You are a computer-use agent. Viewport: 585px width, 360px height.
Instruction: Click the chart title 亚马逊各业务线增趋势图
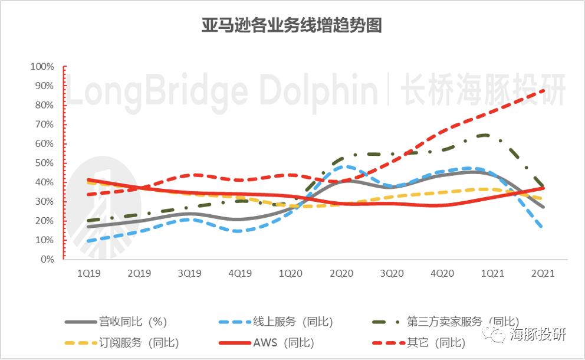(292, 26)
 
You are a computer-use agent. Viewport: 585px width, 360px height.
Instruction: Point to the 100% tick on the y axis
(42, 67)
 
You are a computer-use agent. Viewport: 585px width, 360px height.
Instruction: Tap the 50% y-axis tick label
(44, 163)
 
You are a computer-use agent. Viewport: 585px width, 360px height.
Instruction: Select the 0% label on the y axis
(47, 259)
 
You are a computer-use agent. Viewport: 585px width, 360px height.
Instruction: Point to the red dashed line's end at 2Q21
(543, 90)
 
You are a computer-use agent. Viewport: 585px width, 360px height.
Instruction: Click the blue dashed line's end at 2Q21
(542, 227)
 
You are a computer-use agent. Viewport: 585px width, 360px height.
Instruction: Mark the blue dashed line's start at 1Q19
(88, 241)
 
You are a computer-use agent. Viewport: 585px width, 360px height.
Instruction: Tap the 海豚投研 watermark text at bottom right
(537, 334)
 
